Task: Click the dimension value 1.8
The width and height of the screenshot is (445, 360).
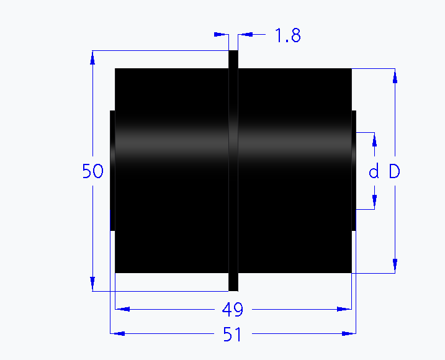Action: point(288,35)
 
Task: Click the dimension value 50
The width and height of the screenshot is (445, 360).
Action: point(92,171)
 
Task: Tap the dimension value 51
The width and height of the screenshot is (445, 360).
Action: point(232,335)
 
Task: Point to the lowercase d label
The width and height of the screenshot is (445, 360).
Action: point(374,172)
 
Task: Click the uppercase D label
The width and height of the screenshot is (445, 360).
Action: point(394,172)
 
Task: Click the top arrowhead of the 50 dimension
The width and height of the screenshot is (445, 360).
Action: point(92,57)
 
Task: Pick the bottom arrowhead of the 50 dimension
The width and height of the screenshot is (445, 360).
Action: point(92,284)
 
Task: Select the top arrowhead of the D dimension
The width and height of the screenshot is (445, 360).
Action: point(394,75)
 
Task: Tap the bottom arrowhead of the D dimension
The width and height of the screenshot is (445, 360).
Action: point(394,266)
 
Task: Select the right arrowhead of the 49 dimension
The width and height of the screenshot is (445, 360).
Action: point(344,308)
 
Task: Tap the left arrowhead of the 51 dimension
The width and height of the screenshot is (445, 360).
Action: point(117,334)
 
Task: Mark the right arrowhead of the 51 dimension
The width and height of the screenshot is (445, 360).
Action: point(349,334)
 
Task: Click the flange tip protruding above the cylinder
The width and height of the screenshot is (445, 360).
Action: point(233,60)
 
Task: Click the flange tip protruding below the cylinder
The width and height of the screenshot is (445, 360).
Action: point(233,282)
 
